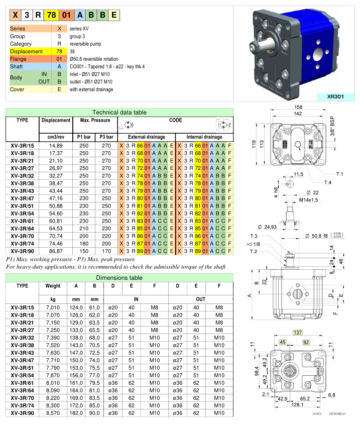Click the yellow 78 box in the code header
click(x=50, y=15)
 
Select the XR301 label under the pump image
click(x=331, y=97)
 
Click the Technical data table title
click(x=120, y=112)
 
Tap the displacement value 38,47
click(x=56, y=184)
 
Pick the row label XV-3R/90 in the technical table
click(x=22, y=251)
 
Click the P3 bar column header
click(x=106, y=137)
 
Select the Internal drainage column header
click(x=204, y=137)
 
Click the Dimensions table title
click(x=120, y=278)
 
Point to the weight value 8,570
click(x=53, y=413)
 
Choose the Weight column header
click(x=53, y=286)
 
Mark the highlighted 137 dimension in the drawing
click(x=297, y=333)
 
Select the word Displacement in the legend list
click(x=26, y=51)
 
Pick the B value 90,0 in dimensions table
click(x=94, y=413)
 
